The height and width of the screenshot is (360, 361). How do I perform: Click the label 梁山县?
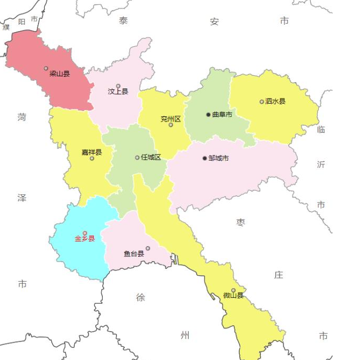(60, 74)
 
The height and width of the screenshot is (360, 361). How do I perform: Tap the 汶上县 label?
(118, 92)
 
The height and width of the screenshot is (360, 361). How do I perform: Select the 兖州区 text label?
(171, 119)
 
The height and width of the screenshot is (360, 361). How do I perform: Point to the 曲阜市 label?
(222, 115)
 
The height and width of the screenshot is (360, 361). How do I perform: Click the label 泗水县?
(275, 101)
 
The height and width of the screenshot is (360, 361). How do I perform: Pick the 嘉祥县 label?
(92, 152)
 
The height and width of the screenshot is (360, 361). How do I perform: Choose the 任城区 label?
(151, 157)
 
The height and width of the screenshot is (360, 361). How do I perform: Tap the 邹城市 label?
(218, 158)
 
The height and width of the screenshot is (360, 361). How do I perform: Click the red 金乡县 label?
(84, 238)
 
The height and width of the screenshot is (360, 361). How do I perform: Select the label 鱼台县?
(134, 254)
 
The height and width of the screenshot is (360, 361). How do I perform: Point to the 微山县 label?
(233, 295)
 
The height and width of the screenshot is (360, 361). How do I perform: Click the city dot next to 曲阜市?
(208, 115)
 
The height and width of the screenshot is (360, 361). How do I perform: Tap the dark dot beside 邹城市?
(204, 158)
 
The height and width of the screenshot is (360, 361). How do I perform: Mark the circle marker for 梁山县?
(46, 68)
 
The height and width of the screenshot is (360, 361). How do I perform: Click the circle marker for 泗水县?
(261, 102)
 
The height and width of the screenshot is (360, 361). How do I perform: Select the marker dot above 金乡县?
(85, 233)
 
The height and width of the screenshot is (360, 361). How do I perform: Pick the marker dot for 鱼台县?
(148, 248)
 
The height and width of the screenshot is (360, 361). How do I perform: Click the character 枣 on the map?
(241, 223)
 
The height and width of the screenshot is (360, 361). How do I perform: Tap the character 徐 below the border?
(141, 297)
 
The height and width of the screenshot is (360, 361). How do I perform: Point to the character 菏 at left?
(22, 117)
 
